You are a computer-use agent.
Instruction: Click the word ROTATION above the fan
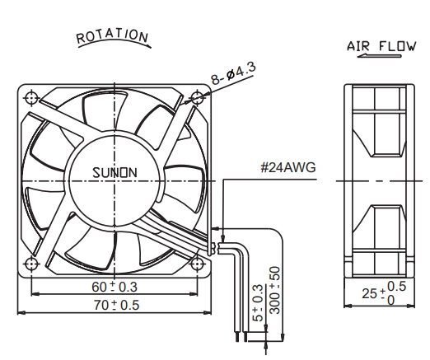pos(112,35)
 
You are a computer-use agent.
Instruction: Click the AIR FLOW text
pos(381,46)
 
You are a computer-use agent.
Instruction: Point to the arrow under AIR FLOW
pos(379,56)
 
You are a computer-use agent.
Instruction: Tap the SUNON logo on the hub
pos(115,173)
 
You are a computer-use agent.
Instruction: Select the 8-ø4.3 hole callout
pos(234,73)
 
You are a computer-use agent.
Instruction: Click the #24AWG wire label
pos(288,167)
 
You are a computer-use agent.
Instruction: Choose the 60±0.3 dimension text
pos(115,287)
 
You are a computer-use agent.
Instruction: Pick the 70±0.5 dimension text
pos(116,305)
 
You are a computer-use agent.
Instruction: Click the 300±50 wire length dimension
pos(274,290)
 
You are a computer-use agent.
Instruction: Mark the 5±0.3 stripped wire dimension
pos(258,303)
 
